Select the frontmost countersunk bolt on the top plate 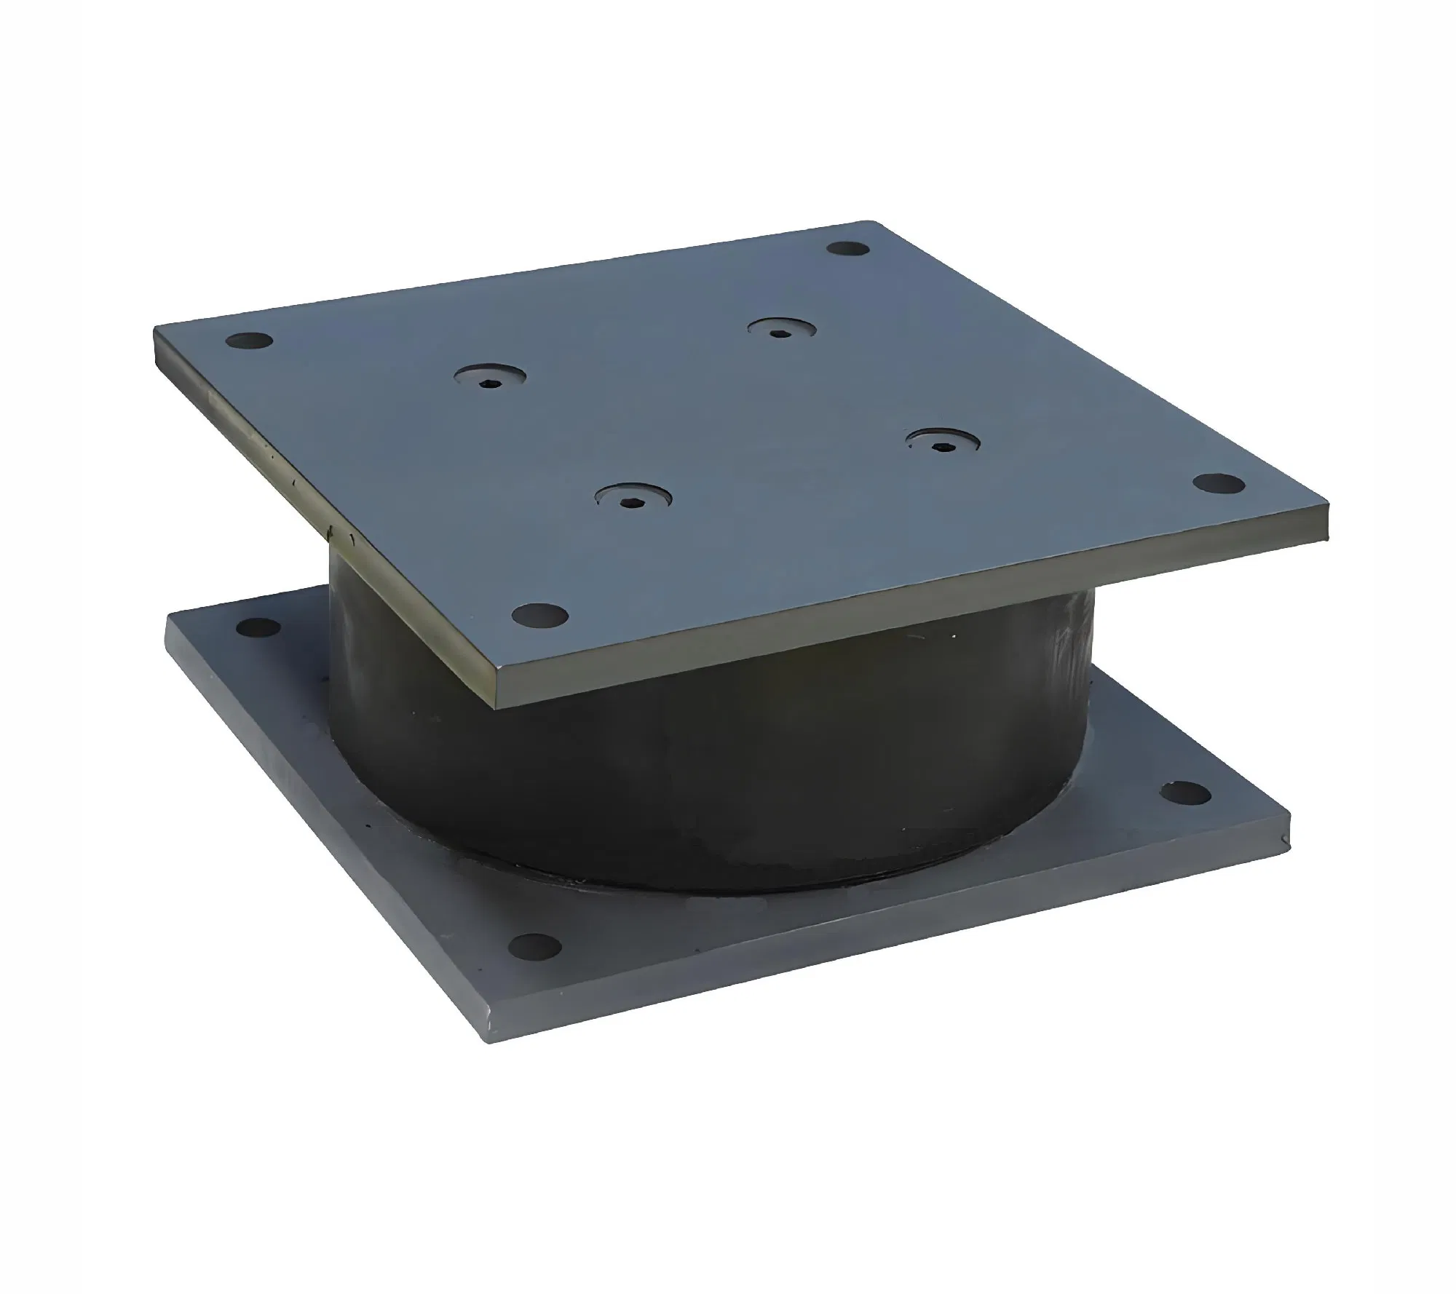point(633,499)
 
